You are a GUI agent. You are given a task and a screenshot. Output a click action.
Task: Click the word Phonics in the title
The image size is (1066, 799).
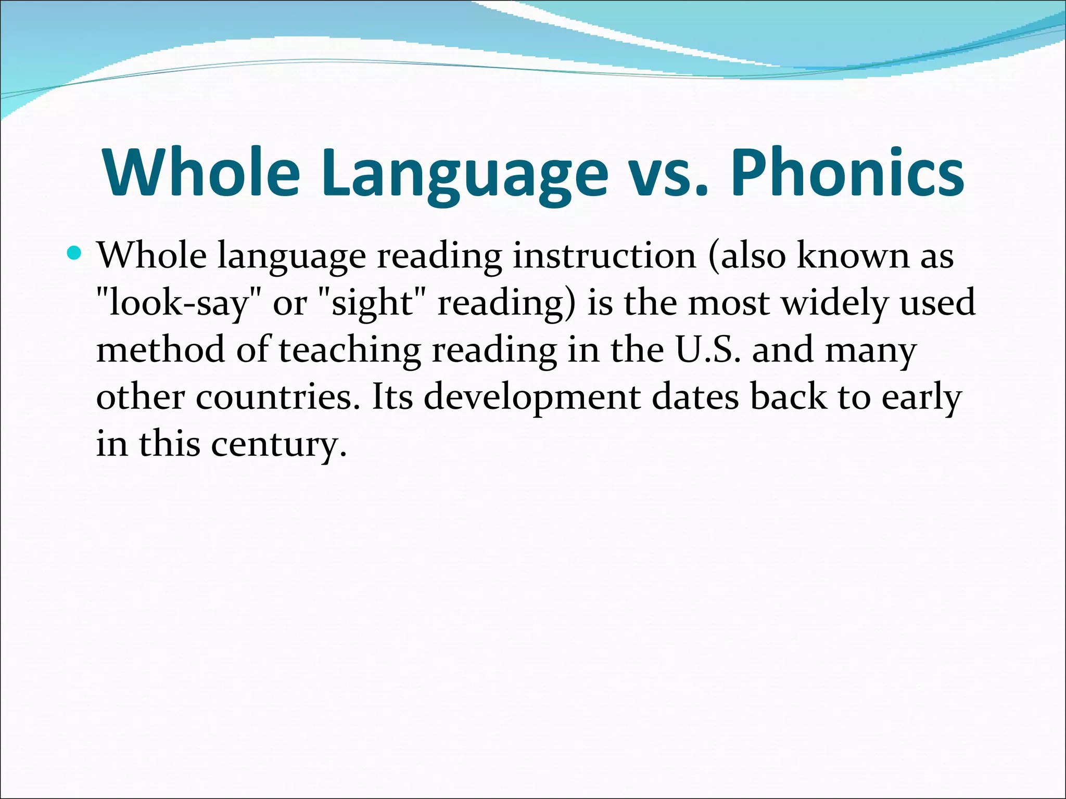[847, 173]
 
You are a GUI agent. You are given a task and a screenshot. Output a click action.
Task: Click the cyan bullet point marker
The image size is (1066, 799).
[75, 254]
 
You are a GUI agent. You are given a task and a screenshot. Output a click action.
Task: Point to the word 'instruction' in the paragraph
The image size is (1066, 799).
[604, 256]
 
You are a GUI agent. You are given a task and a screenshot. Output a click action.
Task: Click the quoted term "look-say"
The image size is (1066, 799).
[174, 303]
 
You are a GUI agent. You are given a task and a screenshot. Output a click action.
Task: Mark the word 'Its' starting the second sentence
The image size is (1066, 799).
[392, 397]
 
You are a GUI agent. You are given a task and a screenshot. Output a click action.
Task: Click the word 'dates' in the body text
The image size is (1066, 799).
[695, 397]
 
